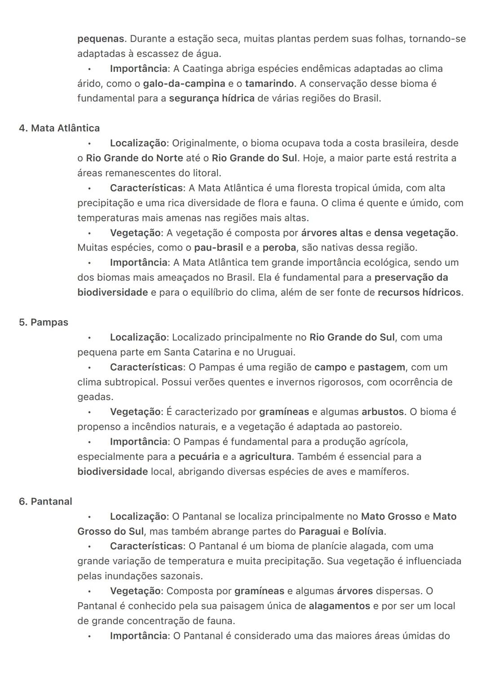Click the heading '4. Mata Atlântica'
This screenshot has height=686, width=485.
click(x=59, y=128)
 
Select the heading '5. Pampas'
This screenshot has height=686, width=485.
click(x=44, y=323)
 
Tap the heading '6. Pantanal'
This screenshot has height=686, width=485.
click(x=45, y=501)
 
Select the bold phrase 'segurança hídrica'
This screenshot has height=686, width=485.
click(x=212, y=98)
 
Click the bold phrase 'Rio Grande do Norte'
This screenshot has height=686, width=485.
click(x=134, y=158)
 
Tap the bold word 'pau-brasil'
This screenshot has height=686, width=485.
click(x=219, y=248)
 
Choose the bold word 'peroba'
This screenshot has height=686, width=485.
click(x=279, y=248)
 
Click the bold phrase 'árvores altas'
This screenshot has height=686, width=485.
click(x=332, y=233)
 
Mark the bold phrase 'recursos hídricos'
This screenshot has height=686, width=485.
click(x=419, y=292)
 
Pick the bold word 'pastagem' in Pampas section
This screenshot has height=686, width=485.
click(x=381, y=367)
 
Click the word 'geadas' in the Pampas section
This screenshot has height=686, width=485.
click(x=94, y=397)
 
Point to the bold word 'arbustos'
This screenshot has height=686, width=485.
click(x=383, y=412)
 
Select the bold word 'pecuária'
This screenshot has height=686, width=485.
click(x=199, y=457)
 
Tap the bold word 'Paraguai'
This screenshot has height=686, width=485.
click(x=319, y=531)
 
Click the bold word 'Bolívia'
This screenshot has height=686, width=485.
click(x=368, y=531)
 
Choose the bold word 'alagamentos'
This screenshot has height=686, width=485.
click(x=339, y=606)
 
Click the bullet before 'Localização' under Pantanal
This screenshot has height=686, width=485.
click(x=89, y=517)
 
